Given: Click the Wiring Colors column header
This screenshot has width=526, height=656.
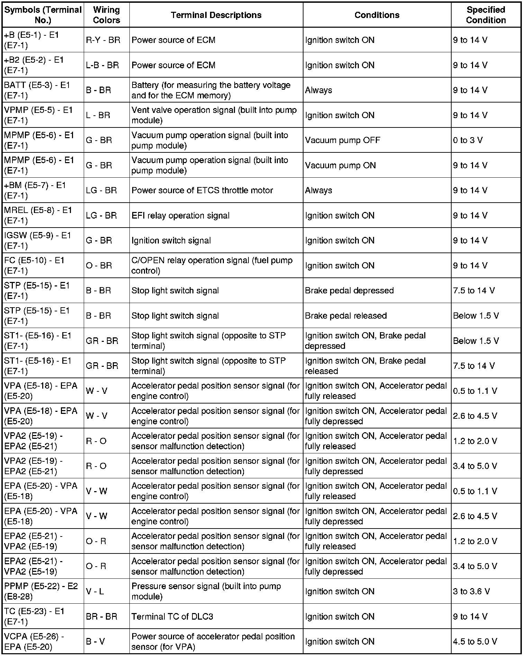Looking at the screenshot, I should tap(106, 15).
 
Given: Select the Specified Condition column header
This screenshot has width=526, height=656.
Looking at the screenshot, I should tap(486, 15).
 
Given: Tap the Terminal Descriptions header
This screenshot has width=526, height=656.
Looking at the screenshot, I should tap(216, 15).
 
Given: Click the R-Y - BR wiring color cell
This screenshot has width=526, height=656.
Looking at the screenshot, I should tap(103, 40).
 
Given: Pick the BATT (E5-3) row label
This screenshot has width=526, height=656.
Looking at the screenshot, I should tap(37, 90).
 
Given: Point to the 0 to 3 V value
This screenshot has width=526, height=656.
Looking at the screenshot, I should tap(468, 140).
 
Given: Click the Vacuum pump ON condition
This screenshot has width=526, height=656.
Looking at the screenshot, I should tap(340, 165).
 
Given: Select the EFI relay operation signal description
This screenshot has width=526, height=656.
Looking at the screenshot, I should tap(180, 215).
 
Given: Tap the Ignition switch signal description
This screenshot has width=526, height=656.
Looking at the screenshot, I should tap(171, 240).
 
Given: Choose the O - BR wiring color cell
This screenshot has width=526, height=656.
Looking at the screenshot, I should tap(99, 266).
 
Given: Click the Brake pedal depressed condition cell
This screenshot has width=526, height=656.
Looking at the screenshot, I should tap(349, 291).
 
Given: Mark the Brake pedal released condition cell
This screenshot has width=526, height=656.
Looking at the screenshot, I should tap(346, 316).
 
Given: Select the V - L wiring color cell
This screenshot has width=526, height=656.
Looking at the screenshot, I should tap(94, 591).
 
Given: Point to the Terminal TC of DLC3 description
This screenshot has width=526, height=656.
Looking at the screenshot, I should tap(172, 617).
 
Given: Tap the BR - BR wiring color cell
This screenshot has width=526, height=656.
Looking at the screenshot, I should tap(101, 617).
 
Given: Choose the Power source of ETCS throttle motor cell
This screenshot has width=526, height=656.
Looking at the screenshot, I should tap(202, 190).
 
